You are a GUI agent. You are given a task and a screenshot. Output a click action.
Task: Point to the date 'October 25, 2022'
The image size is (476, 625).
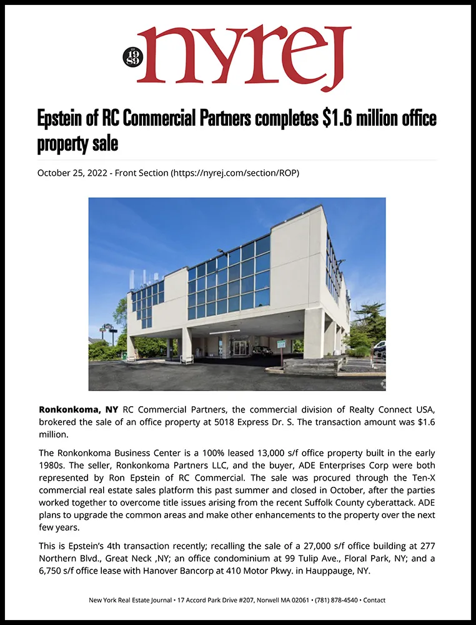click(72, 172)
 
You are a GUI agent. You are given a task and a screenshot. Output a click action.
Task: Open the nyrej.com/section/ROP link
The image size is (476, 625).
click(235, 172)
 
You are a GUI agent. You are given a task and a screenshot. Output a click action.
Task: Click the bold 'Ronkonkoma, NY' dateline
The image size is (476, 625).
click(78, 410)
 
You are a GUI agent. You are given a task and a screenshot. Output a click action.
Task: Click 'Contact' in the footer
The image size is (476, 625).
click(374, 600)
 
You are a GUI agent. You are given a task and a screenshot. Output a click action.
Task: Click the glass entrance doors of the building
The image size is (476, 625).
click(240, 347)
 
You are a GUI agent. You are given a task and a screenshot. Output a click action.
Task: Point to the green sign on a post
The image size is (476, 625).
click(280, 344)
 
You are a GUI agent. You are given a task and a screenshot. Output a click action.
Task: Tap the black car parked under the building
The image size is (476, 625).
click(262, 351)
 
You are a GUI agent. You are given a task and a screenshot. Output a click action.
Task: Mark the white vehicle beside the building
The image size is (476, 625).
click(379, 347)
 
